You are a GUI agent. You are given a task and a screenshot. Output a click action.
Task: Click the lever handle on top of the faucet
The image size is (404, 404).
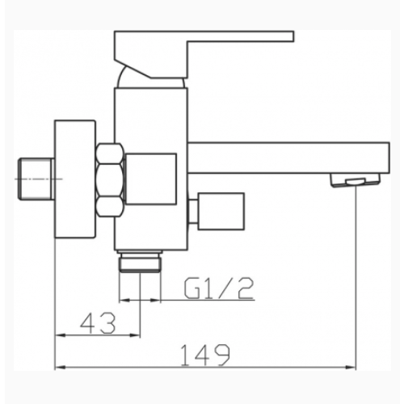pyautogui.click(x=202, y=42)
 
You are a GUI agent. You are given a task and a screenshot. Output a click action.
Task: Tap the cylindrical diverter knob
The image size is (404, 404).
pyautogui.click(x=217, y=208)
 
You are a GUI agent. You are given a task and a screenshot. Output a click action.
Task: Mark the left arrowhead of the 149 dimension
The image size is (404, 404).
pyautogui.click(x=61, y=365)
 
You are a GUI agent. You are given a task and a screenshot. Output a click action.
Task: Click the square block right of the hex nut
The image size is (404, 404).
pyautogui.click(x=153, y=178)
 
